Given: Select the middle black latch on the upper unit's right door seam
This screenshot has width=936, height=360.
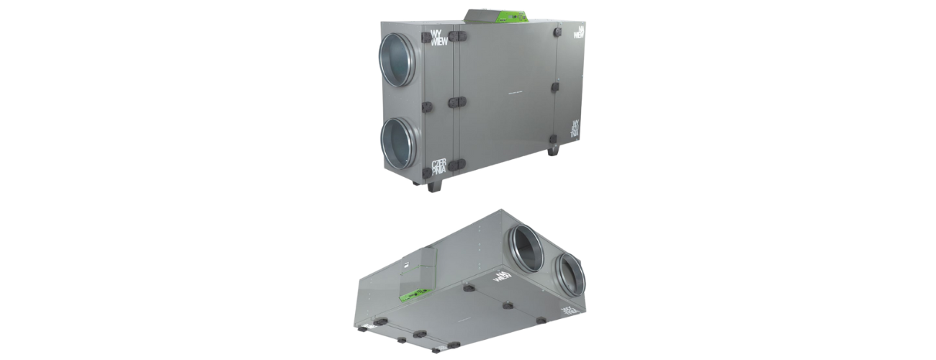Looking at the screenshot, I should tap(555, 88).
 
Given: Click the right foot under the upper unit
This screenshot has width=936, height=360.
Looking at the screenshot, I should tap(553, 151).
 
